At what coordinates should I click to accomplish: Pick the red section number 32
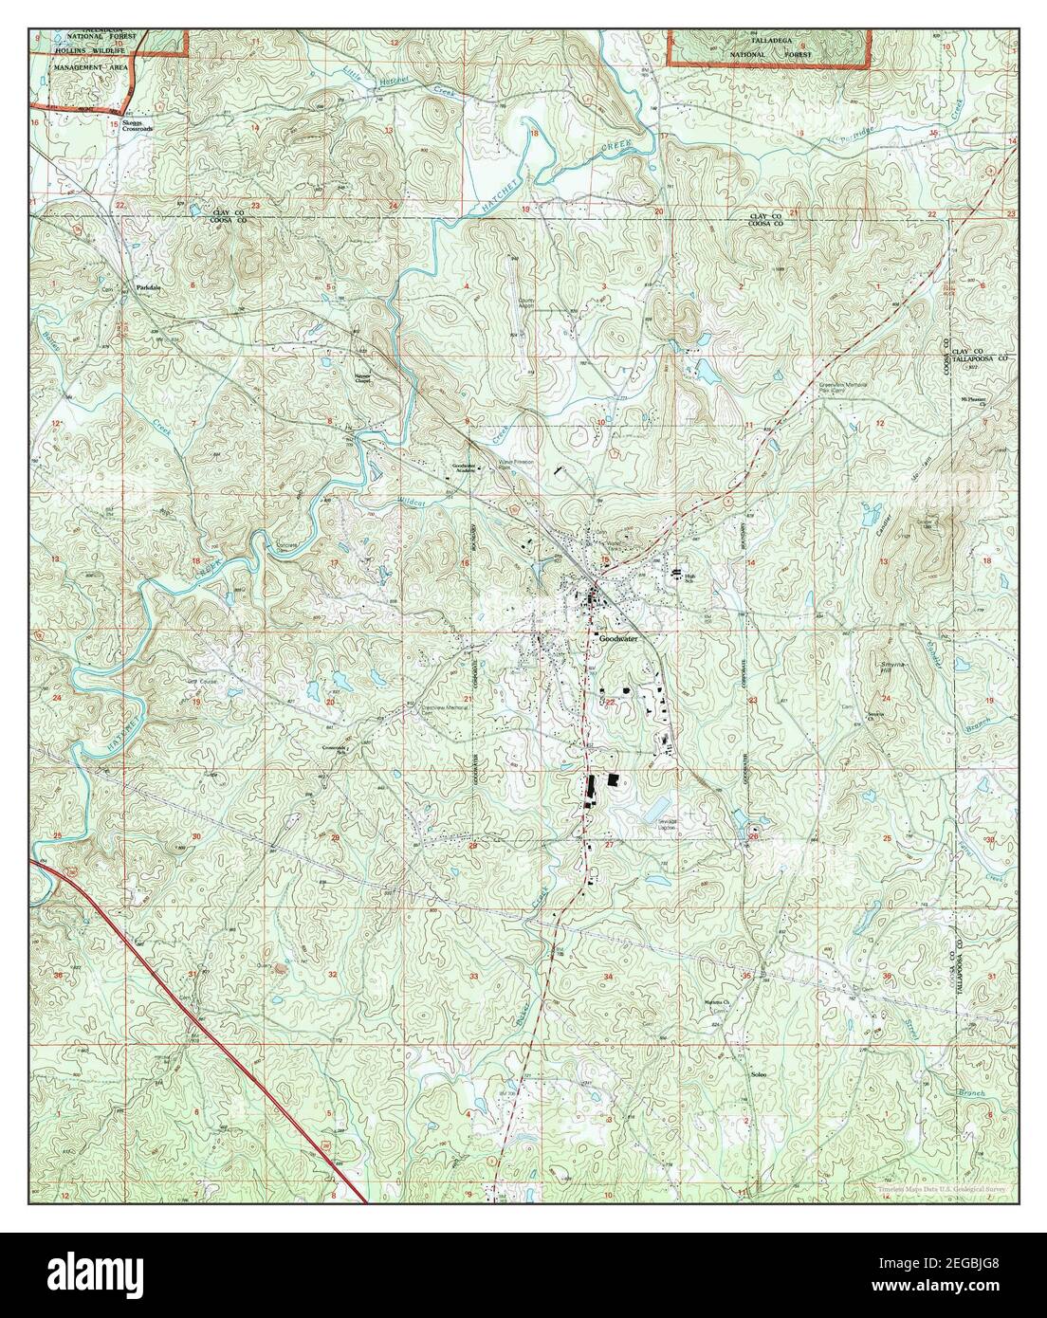click(332, 975)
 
